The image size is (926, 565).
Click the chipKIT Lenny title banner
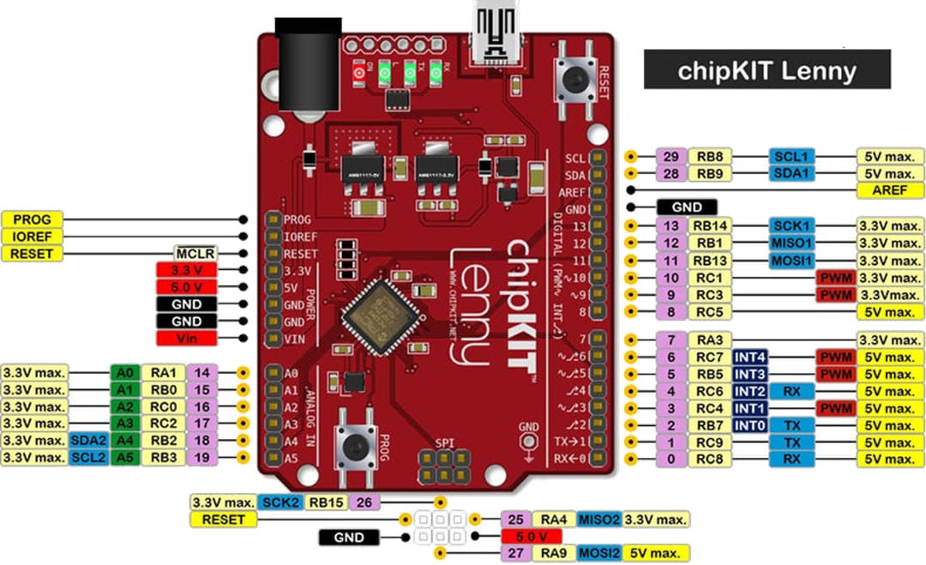(767, 69)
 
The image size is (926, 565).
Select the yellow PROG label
(32, 219)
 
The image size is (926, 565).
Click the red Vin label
(186, 339)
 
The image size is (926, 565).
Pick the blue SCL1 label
(791, 157)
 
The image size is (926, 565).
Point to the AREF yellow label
(890, 190)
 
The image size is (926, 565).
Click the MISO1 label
(791, 243)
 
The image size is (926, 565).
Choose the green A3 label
(123, 424)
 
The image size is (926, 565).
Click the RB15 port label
(327, 502)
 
